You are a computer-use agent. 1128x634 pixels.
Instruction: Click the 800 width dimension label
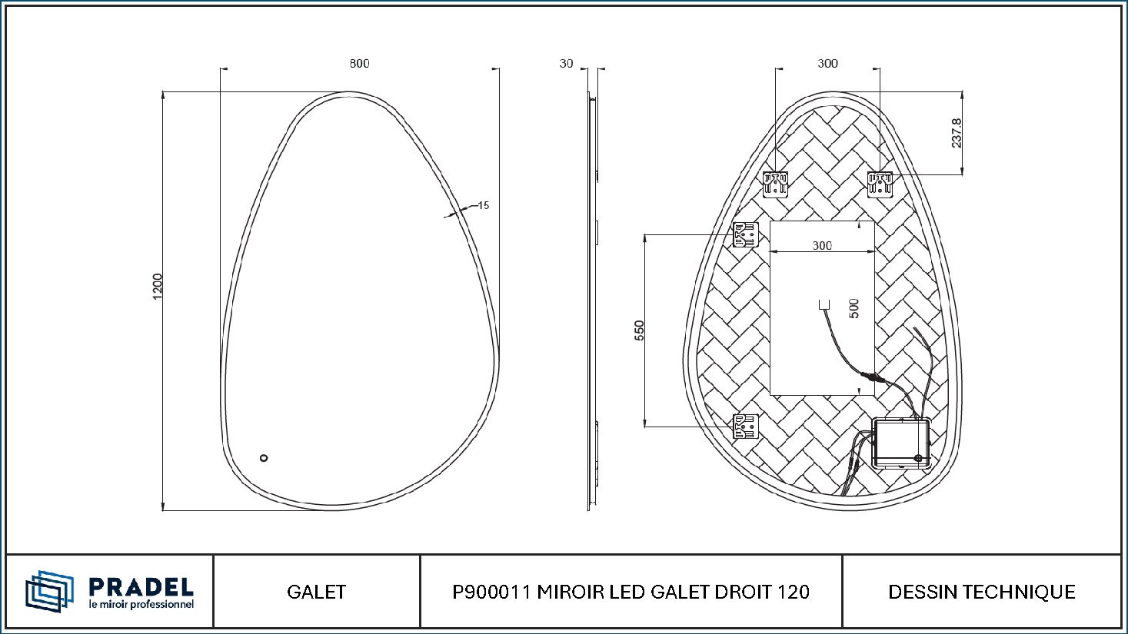tap(360, 63)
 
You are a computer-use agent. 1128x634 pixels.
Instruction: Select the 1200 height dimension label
tap(158, 287)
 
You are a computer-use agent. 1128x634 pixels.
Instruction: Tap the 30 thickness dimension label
tap(566, 63)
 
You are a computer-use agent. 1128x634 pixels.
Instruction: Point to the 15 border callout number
tap(484, 205)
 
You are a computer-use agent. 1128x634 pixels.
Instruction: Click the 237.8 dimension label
tap(957, 134)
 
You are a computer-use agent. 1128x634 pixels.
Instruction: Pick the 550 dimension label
tap(639, 330)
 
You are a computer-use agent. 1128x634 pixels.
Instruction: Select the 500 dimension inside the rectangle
tap(854, 308)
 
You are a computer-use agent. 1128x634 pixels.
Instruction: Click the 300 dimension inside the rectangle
tap(822, 246)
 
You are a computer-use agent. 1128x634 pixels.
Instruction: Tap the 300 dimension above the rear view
tap(828, 63)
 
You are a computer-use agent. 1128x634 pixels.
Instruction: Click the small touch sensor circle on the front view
tap(264, 458)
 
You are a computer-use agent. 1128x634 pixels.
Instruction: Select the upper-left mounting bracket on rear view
tap(775, 184)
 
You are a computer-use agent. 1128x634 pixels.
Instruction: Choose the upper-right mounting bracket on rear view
tap(880, 184)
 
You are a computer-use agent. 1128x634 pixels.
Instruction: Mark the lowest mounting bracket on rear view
tap(745, 426)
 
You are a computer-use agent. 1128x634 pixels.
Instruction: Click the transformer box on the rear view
tap(901, 443)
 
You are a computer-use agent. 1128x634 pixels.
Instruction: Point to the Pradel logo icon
tap(49, 591)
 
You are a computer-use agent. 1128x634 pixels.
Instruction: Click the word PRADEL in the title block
tap(141, 587)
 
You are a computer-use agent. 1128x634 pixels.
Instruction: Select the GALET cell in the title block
tap(317, 592)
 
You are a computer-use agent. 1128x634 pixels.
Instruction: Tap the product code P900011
tap(491, 592)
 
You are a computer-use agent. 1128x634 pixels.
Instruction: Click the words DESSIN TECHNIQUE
tap(982, 592)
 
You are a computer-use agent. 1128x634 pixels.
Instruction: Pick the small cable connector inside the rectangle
tap(824, 304)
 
